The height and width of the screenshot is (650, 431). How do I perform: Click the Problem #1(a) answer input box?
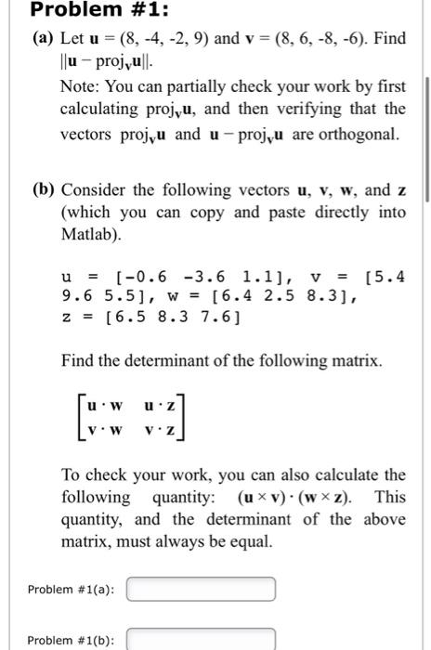(201, 589)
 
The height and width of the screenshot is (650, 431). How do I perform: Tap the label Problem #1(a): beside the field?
(71, 589)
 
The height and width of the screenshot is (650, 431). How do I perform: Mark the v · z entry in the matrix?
(161, 432)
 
